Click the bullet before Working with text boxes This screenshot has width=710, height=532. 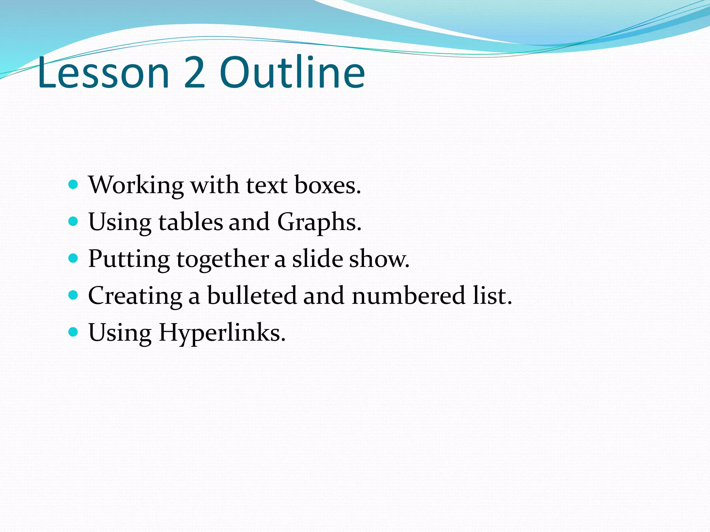click(x=73, y=184)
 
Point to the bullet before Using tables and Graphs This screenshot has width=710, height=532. click(x=73, y=221)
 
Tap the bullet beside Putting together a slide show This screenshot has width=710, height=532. click(x=73, y=258)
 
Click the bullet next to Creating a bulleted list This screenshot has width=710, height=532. click(x=73, y=295)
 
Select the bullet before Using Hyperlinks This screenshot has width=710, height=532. click(x=73, y=332)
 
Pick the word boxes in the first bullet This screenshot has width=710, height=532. click(x=327, y=185)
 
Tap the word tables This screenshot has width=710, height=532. click(x=191, y=222)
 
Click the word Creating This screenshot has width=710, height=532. click(x=135, y=296)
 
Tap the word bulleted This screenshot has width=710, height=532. click(x=252, y=296)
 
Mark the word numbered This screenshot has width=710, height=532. click(x=408, y=296)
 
